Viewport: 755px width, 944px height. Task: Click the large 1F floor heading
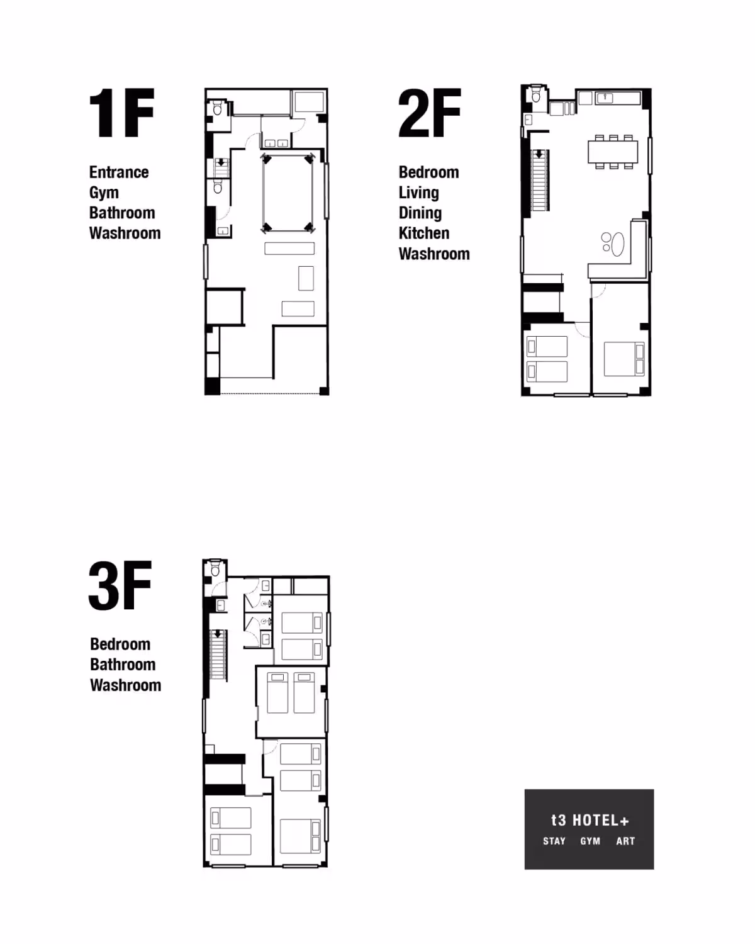point(121,113)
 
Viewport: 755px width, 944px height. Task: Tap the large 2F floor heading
point(430,113)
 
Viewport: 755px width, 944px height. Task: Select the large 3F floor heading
point(120,586)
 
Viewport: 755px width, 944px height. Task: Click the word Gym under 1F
point(104,193)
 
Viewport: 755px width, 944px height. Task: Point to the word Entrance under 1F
point(119,172)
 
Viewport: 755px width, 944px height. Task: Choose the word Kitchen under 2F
point(424,233)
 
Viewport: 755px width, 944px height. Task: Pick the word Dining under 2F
point(420,213)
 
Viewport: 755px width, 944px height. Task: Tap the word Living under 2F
point(418,193)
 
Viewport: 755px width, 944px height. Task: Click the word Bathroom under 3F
point(123,665)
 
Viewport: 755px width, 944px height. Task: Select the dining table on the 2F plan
point(613,152)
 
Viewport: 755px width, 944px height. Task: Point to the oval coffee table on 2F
point(618,244)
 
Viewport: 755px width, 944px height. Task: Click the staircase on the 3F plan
point(218,655)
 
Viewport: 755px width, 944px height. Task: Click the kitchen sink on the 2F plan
point(605,98)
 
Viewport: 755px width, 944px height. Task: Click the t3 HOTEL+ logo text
point(590,820)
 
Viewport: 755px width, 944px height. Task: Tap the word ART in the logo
point(625,841)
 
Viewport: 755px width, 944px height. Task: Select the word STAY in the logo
point(554,841)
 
